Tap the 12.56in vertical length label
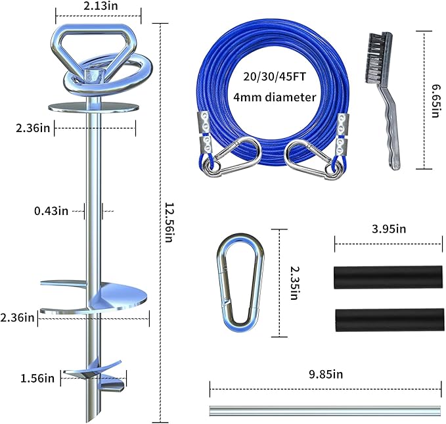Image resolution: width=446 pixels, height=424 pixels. pos(169,220)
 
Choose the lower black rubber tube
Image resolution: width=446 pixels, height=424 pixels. pos(388,319)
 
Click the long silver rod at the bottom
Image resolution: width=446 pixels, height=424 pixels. pos(324,410)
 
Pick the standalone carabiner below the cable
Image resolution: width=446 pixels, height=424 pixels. pos(240,283)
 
